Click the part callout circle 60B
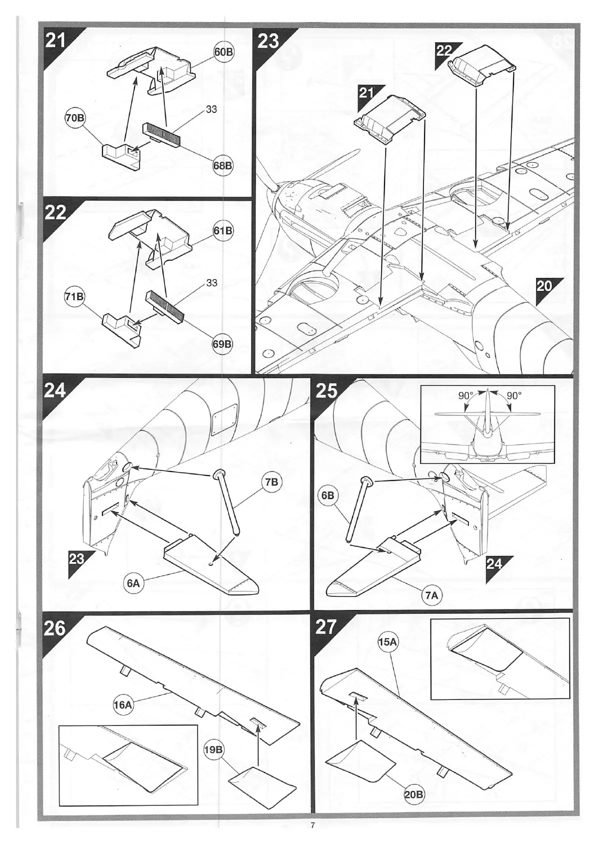tap(224, 52)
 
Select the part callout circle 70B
tap(74, 118)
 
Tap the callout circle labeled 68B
tap(222, 165)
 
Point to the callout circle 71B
tap(74, 296)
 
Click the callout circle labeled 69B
tap(222, 344)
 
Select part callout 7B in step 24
tap(271, 482)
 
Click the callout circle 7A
tap(431, 595)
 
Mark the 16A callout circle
tap(122, 705)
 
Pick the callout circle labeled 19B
tap(213, 749)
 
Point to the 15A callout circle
tap(387, 642)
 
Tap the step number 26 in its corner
tap(54, 627)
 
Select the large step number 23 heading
tap(268, 40)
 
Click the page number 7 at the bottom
tap(312, 825)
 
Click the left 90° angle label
tap(466, 395)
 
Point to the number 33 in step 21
tap(211, 109)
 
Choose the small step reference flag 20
tap(544, 286)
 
